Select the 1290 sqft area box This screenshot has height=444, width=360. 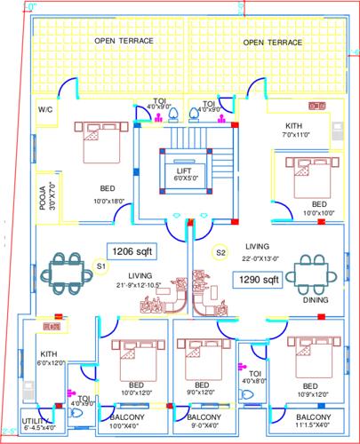point(257,280)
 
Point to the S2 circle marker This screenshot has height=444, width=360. point(220,252)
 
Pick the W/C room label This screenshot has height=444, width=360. point(44,110)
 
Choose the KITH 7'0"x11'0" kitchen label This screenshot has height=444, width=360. point(297,130)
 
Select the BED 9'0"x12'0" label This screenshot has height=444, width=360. point(197,388)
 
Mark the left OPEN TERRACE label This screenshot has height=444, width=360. point(124,42)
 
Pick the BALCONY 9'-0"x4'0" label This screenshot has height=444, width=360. point(203,420)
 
